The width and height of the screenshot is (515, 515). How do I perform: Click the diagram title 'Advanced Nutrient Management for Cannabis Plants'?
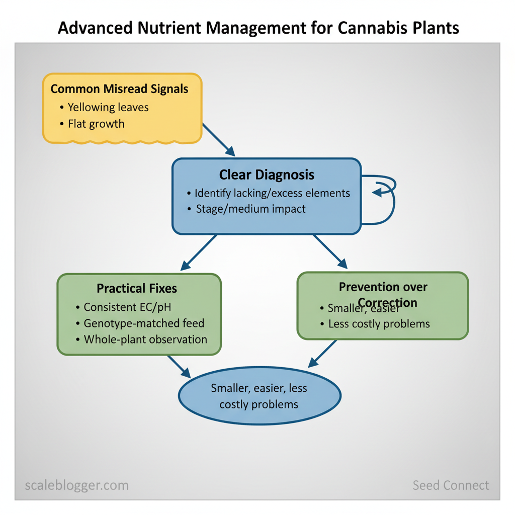[x=258, y=28]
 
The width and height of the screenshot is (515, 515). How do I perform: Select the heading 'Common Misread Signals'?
[x=119, y=89]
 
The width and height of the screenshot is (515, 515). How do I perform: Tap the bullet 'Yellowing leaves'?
[x=108, y=107]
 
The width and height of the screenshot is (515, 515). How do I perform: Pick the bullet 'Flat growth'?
[x=96, y=124]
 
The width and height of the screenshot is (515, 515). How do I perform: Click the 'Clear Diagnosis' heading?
[x=267, y=175]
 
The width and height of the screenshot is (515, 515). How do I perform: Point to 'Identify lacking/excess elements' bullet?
[x=272, y=193]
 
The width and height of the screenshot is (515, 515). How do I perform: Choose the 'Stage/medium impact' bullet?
[x=250, y=209]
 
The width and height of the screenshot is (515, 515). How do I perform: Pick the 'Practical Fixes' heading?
[x=137, y=288]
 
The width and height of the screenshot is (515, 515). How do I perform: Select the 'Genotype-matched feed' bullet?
[x=144, y=323]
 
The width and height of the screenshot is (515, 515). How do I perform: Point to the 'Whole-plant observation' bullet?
[x=145, y=339]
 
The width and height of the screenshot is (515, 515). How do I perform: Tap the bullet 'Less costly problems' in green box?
[x=379, y=323]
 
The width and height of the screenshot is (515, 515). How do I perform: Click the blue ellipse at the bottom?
[x=260, y=396]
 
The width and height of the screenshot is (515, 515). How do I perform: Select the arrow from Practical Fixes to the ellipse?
[x=179, y=367]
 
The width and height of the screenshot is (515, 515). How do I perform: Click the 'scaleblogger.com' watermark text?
[x=76, y=485]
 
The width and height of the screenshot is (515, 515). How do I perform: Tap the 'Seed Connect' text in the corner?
[x=451, y=485]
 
